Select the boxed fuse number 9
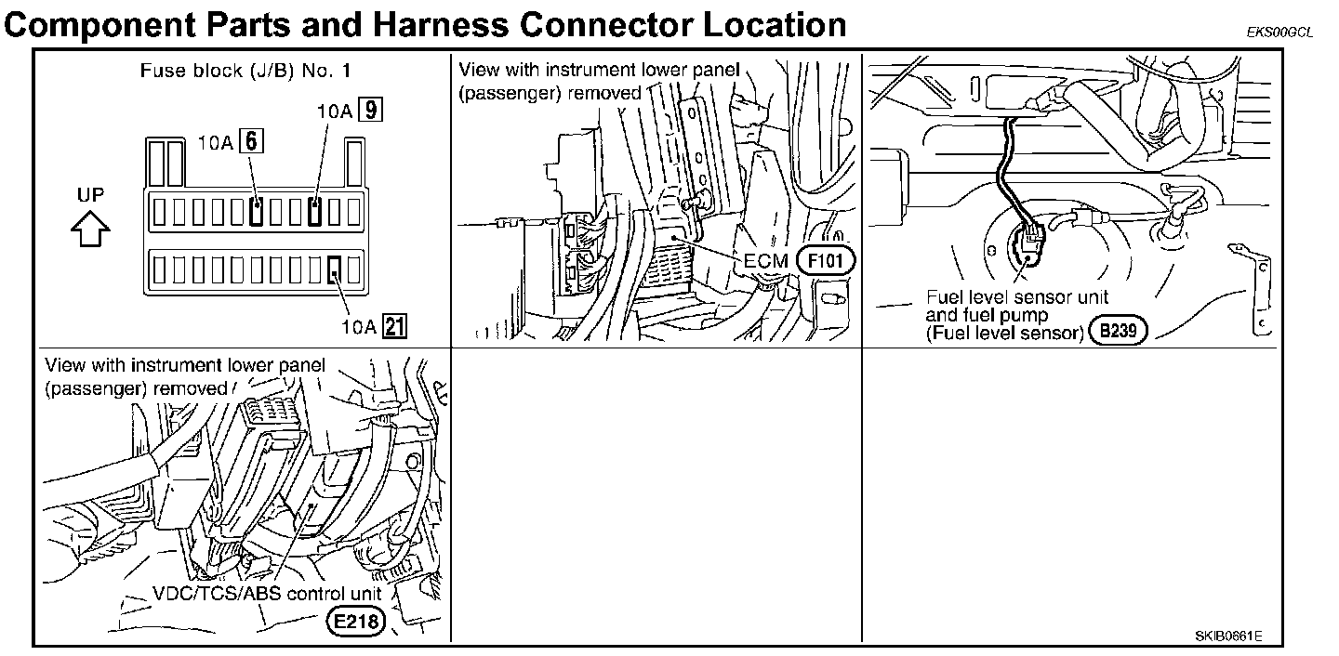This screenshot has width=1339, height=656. pyautogui.click(x=371, y=111)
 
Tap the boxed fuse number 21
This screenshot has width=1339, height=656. pyautogui.click(x=395, y=326)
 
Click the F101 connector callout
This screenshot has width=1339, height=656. pyautogui.click(x=825, y=260)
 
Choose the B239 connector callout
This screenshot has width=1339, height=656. pyautogui.click(x=1120, y=329)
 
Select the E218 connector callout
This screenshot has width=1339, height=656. pyautogui.click(x=357, y=622)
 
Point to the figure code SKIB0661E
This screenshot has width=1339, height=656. pyautogui.click(x=1228, y=636)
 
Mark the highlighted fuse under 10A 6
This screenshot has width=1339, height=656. pyautogui.click(x=256, y=213)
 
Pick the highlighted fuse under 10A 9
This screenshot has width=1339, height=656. pyautogui.click(x=316, y=213)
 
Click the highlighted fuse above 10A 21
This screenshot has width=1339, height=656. pyautogui.click(x=335, y=270)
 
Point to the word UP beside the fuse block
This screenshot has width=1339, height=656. pyautogui.click(x=91, y=195)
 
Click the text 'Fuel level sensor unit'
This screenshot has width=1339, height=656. pyautogui.click(x=1017, y=298)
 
